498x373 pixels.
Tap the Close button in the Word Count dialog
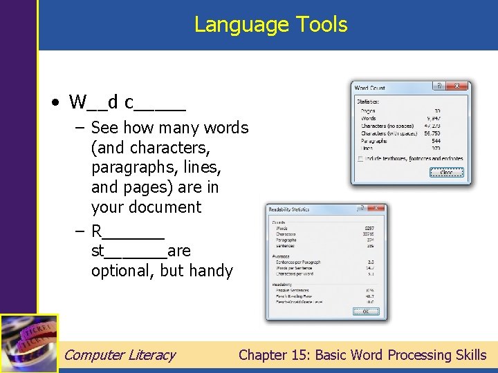pos(446,173)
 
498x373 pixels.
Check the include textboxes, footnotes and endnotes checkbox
pos(360,159)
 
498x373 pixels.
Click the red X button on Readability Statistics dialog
pos(376,208)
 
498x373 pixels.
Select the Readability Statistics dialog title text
pos(290,209)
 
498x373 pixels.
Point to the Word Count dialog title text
pos(369,88)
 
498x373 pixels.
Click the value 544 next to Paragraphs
pos(435,141)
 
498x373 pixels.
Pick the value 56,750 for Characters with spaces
pos(432,133)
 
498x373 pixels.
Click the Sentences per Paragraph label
pos(299,263)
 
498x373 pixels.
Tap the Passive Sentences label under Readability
pos(293,290)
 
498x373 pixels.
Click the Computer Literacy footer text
pos(120,355)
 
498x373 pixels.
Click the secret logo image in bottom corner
pos(28,343)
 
